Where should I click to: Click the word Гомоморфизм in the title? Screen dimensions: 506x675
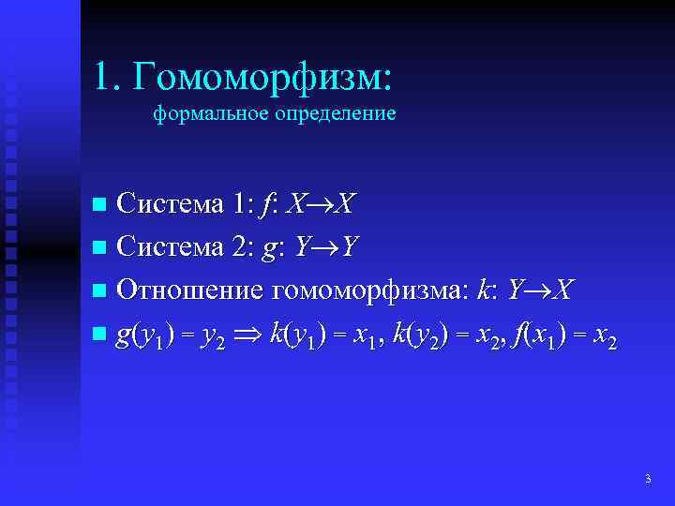tap(263, 77)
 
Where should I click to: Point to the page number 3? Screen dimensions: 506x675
tap(648, 480)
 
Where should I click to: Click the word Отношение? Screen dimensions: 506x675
tap(187, 290)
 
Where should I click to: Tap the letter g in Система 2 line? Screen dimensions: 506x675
tap(273, 248)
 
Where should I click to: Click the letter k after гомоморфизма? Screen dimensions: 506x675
tap(483, 290)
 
